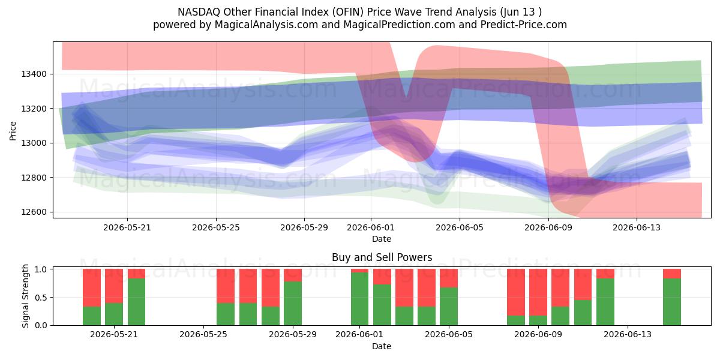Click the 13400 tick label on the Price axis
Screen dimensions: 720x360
pos(34,74)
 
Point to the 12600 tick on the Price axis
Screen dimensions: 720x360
pos(34,212)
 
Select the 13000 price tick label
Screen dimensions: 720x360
pos(34,143)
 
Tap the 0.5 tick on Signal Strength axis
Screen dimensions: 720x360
pos(41,298)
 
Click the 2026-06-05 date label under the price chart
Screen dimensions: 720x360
pos(460,227)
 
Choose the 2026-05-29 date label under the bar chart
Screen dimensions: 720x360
pos(293,335)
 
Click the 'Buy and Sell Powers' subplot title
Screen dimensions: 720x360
pos(382,257)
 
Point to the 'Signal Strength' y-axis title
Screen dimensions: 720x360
pos(25,296)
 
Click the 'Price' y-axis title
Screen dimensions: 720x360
pos(13,131)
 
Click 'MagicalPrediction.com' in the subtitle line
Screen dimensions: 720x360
pos(399,25)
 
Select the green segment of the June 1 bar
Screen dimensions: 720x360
pos(359,299)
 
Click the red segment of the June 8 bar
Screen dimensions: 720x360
pos(516,292)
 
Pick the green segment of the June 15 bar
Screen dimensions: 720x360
pos(672,302)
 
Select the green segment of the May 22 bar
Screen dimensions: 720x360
pos(136,302)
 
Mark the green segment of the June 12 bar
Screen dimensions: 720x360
pos(605,302)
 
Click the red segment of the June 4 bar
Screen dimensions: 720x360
pos(427,287)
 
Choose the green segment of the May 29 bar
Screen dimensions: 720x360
pos(293,304)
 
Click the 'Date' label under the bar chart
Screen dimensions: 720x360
pos(382,347)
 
